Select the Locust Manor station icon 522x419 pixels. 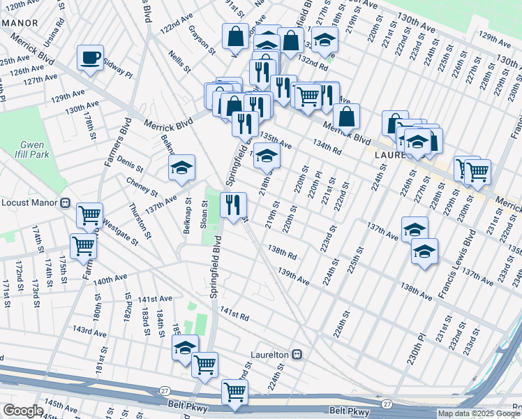[66, 203]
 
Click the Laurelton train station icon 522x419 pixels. [297, 355]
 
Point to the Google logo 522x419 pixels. [22, 411]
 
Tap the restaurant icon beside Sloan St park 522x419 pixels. [233, 205]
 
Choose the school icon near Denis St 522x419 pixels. [181, 168]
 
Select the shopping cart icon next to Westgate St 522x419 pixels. [89, 216]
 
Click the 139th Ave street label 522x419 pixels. [292, 276]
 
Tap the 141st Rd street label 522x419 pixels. [234, 313]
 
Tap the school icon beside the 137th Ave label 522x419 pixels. [414, 228]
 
